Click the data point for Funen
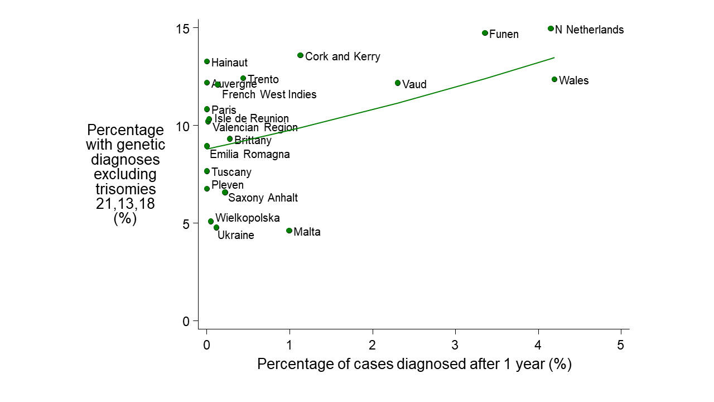[485, 33]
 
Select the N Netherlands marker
[551, 28]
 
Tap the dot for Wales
[554, 79]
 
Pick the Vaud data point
[398, 83]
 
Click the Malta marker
[289, 231]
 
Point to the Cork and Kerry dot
[300, 55]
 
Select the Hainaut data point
[207, 61]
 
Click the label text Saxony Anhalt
[263, 198]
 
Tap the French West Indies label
[269, 95]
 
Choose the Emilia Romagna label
[249, 155]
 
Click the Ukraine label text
[235, 236]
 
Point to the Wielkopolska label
[247, 218]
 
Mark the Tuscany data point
[207, 171]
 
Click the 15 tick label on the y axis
[184, 28]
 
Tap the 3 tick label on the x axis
[455, 345]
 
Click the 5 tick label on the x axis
[621, 345]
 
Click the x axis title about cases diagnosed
[414, 365]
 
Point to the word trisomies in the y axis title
[126, 189]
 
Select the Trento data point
[243, 79]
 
